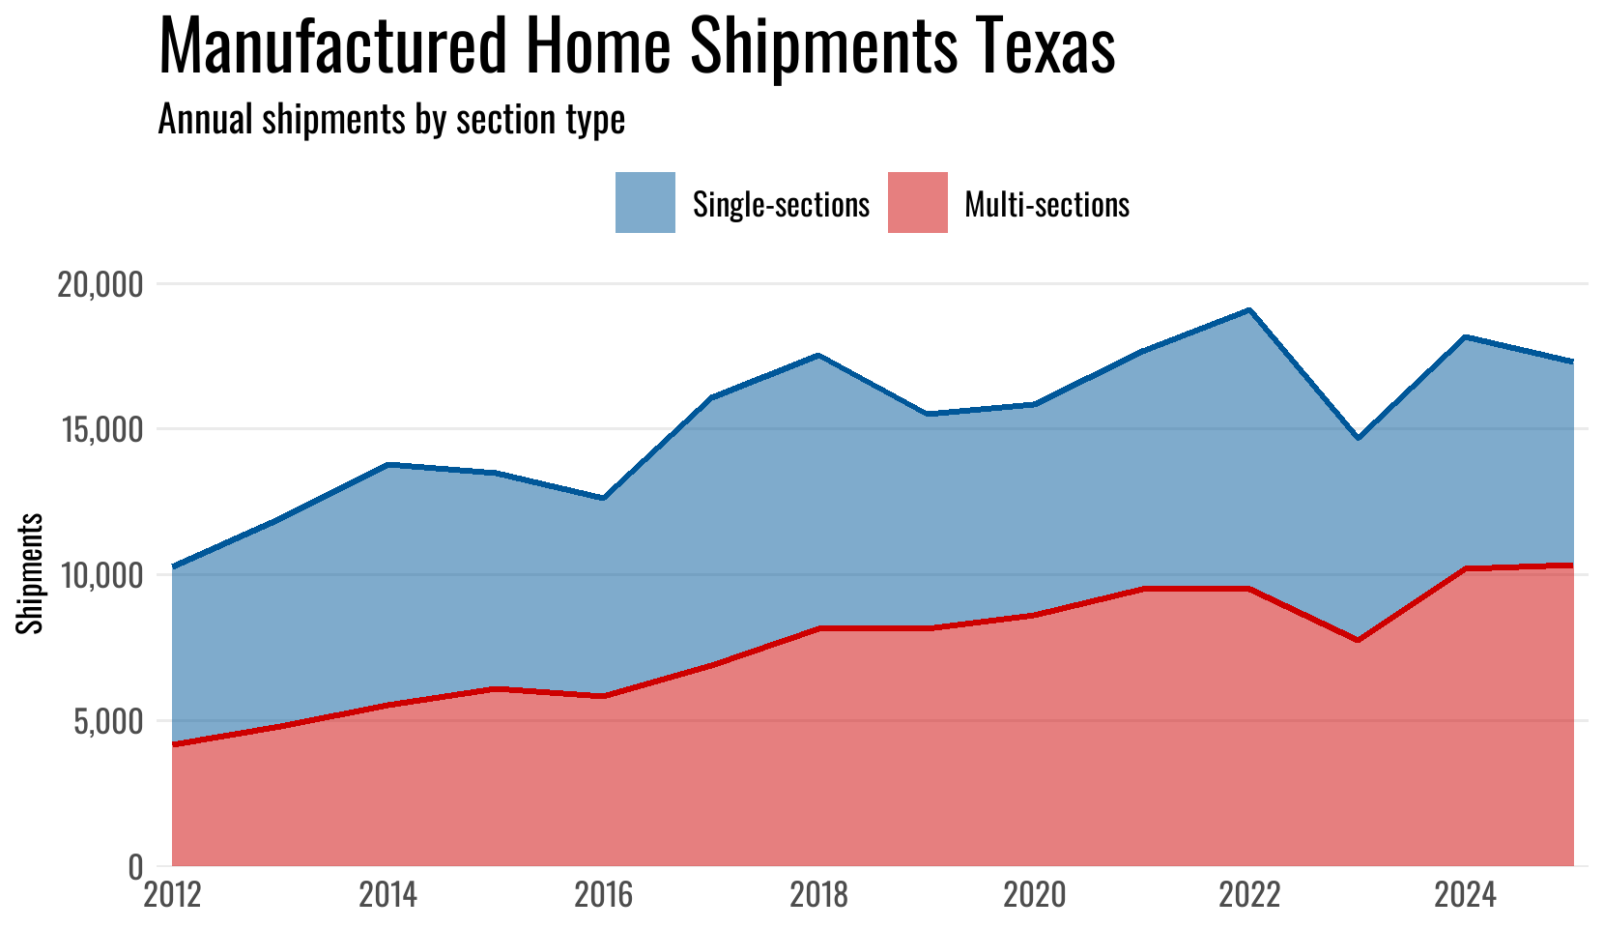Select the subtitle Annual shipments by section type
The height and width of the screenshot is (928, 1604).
point(391,120)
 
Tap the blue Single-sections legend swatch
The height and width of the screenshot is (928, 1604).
point(644,203)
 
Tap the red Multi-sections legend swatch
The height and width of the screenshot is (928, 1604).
point(917,203)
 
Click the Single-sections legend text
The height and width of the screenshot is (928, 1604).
point(781,204)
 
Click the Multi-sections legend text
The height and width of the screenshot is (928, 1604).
point(1047,204)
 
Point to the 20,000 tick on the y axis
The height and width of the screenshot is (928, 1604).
point(100,284)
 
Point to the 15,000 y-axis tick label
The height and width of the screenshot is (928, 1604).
point(100,430)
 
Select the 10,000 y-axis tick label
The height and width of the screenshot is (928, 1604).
point(100,575)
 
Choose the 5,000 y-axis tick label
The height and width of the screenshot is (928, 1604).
point(106,721)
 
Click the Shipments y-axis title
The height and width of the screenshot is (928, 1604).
point(31,573)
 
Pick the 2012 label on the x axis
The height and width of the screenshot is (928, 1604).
point(172,895)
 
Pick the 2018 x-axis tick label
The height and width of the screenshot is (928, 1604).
point(818,895)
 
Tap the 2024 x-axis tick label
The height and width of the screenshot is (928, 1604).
point(1465,895)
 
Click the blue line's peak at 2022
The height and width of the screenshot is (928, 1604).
point(1249,310)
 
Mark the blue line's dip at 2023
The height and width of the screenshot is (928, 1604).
point(1358,438)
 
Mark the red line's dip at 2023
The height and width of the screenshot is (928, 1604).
point(1358,640)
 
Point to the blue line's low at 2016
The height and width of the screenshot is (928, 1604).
point(603,498)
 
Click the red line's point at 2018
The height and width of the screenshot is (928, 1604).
point(818,628)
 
